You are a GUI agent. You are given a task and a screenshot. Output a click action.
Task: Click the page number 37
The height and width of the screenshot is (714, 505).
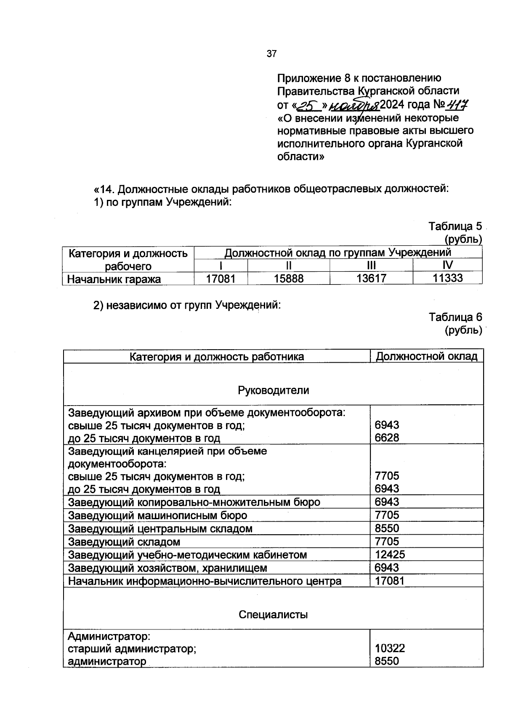[x=271, y=54]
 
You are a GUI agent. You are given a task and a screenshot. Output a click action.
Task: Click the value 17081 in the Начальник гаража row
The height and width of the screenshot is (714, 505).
[x=221, y=279]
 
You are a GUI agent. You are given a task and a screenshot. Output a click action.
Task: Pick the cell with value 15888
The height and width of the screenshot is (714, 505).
[x=288, y=279]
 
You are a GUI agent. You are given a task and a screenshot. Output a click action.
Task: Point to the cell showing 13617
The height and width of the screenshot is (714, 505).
[x=371, y=279]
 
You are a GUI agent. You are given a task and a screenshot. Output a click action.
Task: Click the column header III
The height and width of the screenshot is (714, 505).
[x=371, y=265]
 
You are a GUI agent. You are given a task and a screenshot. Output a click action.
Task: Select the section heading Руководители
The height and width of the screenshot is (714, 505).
[x=273, y=390]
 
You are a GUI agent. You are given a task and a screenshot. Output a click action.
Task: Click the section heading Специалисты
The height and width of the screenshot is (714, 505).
[x=273, y=615]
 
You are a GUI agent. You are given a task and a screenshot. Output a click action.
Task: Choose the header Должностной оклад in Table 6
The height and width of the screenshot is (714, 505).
[x=426, y=356]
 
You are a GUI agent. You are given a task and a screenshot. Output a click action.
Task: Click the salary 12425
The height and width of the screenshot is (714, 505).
[x=390, y=555]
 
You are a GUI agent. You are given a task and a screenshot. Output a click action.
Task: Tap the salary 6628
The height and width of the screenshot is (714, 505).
[x=387, y=438]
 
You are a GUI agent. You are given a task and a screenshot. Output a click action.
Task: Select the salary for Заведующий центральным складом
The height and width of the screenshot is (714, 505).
[x=387, y=528]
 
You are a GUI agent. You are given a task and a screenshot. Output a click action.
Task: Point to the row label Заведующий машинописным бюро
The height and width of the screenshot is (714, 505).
[x=157, y=515]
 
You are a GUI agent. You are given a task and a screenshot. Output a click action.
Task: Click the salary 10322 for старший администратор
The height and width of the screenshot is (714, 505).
[x=390, y=648]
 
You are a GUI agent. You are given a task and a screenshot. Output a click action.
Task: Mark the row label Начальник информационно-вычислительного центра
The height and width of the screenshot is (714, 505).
[x=205, y=581]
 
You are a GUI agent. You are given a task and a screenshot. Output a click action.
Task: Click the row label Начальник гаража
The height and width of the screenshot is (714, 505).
[x=114, y=279]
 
